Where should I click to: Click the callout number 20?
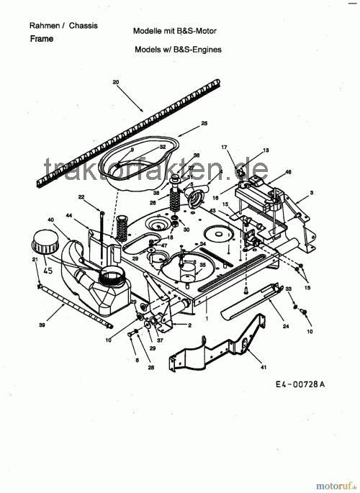[116, 83]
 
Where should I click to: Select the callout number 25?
[204, 124]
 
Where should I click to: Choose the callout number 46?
[288, 173]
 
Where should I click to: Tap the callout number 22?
[81, 196]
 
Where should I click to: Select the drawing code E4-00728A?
[300, 384]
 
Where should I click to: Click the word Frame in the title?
[42, 39]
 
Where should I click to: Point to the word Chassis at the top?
[84, 25]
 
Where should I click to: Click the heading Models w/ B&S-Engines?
[178, 50]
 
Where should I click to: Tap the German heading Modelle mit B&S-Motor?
[175, 32]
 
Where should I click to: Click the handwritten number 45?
[48, 271]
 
